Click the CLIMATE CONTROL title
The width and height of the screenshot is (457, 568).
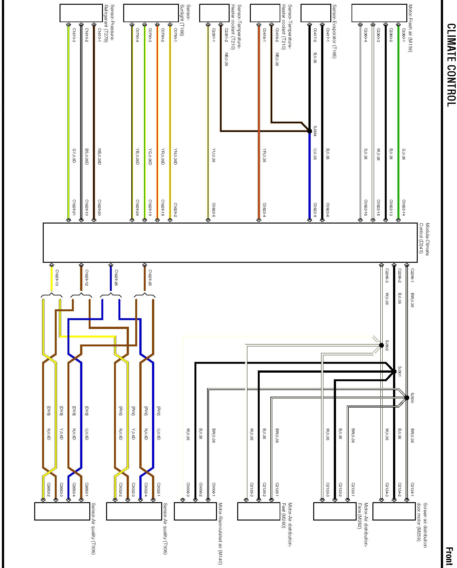pos(451,65)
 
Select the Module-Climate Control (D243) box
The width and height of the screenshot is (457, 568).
pos(230,243)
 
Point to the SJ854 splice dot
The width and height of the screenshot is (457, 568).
pos(310,131)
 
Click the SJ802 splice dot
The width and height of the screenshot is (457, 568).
pos(381,345)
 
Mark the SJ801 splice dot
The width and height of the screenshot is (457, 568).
pos(394,371)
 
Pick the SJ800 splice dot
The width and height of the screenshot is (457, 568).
pos(407,398)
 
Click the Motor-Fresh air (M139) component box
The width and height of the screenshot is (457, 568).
pos(379,13)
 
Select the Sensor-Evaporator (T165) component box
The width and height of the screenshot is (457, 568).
pos(315,13)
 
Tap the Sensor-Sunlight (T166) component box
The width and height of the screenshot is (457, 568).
pos(151,13)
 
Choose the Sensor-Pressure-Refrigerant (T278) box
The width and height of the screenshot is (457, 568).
pos(81,13)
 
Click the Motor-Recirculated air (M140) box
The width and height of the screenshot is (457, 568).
pos(195,511)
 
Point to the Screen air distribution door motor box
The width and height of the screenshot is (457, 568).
pos(394,511)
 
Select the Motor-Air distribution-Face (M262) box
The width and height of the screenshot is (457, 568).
pos(335,511)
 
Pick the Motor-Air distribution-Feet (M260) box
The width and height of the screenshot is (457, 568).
pos(258,511)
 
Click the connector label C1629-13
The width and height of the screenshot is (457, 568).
pos(57,278)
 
